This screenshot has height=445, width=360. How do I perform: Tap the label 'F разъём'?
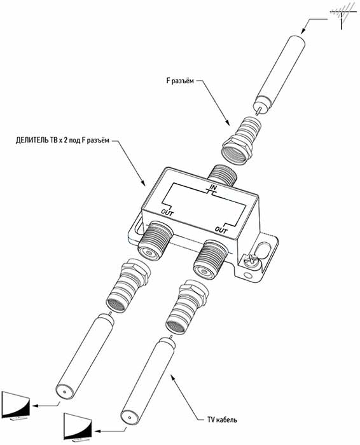(180, 81)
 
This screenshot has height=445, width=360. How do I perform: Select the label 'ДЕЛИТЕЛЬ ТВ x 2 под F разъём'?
(62, 140)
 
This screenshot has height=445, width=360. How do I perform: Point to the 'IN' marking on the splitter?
(213, 188)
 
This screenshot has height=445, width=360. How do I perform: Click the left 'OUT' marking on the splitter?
(167, 212)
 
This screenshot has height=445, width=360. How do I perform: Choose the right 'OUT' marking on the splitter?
(221, 229)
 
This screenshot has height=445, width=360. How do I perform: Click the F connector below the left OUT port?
(127, 285)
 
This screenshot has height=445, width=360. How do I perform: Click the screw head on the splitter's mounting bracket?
(251, 260)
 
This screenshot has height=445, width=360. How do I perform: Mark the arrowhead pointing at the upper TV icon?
(34, 406)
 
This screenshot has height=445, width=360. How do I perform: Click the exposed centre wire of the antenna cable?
(258, 111)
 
